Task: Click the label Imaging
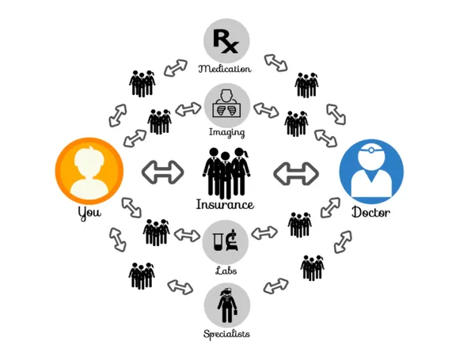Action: click(226, 132)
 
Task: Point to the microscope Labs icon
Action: click(226, 241)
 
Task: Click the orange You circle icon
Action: click(89, 171)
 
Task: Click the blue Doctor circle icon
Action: click(371, 171)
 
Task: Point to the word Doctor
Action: click(371, 213)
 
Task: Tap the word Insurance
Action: click(226, 204)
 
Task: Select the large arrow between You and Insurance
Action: click(161, 172)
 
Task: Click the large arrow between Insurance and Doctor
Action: click(294, 172)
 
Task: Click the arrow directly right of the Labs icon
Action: click(264, 233)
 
